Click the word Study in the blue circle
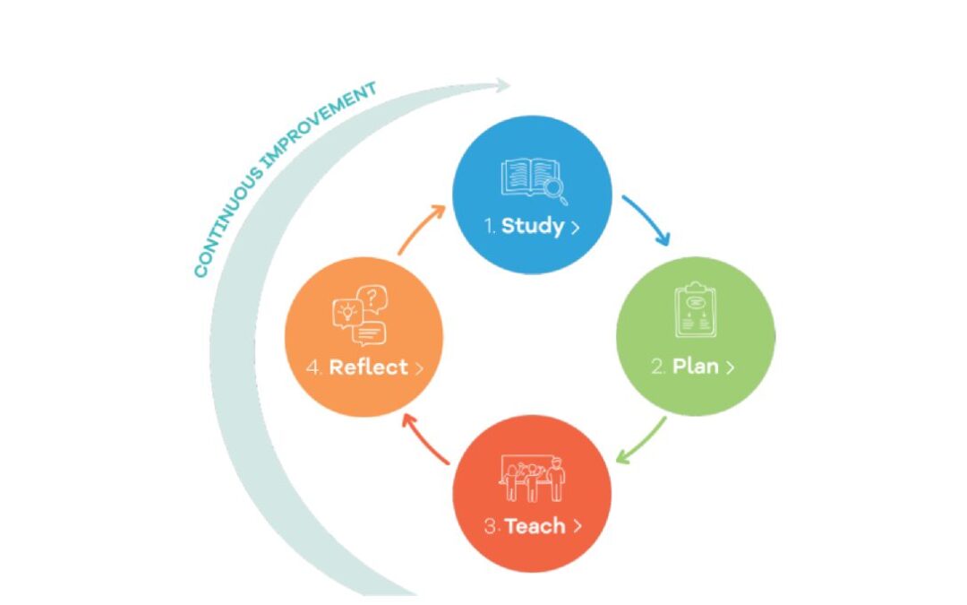pyautogui.click(x=533, y=225)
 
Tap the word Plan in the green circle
pyautogui.click(x=696, y=367)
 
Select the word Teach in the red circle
pyautogui.click(x=535, y=525)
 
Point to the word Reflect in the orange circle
pyautogui.click(x=368, y=367)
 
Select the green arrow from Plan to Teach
pyautogui.click(x=643, y=440)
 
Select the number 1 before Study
pyautogui.click(x=489, y=226)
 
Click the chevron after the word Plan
pyautogui.click(x=731, y=367)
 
